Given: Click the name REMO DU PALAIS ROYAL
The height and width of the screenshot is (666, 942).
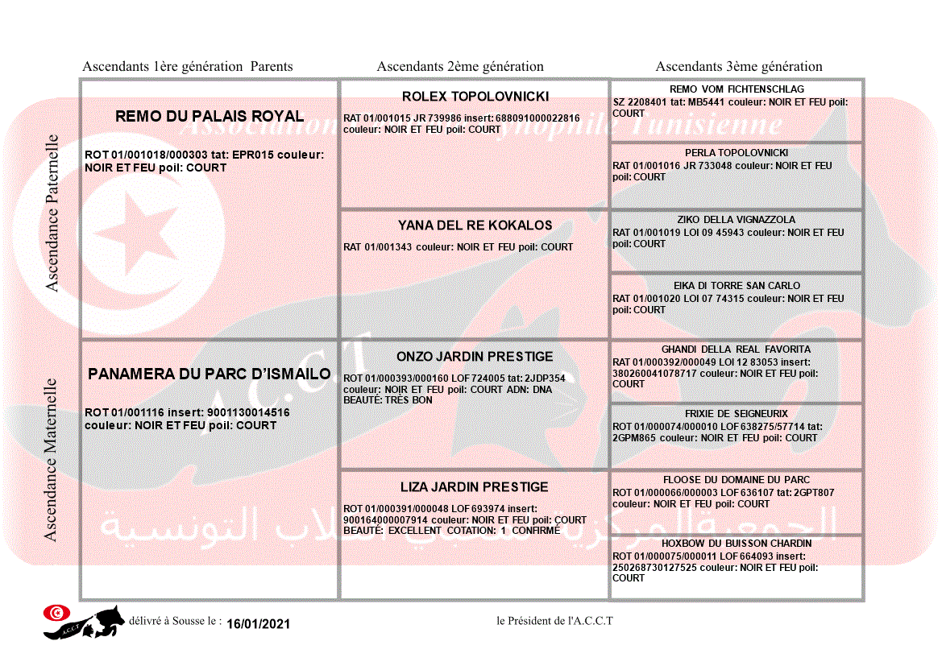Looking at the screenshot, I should [210, 116].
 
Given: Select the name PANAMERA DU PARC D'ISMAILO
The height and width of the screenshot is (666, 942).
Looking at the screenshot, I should [210, 374].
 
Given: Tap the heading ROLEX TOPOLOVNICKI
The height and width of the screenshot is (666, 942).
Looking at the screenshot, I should [475, 97].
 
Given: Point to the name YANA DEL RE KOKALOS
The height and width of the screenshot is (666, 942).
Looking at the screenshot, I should [475, 225].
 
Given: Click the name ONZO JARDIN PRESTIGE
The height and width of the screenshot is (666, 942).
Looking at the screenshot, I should [475, 357].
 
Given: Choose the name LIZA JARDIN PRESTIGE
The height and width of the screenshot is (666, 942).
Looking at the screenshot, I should [475, 487].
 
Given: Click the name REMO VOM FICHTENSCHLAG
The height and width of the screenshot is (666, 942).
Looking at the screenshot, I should [737, 89].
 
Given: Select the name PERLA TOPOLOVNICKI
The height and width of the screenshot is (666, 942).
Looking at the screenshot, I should [737, 153].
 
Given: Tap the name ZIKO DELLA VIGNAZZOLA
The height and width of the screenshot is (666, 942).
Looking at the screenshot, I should [737, 220].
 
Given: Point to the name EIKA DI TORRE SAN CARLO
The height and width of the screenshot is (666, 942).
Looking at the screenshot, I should [737, 286].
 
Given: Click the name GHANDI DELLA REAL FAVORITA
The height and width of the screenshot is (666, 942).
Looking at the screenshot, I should [737, 350].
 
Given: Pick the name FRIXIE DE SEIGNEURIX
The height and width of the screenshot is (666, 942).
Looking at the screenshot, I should [737, 414].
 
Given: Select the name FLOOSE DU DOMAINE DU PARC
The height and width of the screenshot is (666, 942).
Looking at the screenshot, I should [737, 480].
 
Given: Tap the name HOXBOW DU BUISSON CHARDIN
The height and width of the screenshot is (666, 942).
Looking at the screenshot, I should [737, 544].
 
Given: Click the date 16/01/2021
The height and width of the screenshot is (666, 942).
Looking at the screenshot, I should [258, 624].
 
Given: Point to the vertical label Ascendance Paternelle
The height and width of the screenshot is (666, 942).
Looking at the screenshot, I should [52, 213].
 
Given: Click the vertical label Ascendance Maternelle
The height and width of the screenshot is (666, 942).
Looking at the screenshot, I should [51, 460].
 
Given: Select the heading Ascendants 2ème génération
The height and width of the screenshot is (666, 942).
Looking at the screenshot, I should [460, 67].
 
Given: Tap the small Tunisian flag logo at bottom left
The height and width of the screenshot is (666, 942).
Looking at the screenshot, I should [56, 613].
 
